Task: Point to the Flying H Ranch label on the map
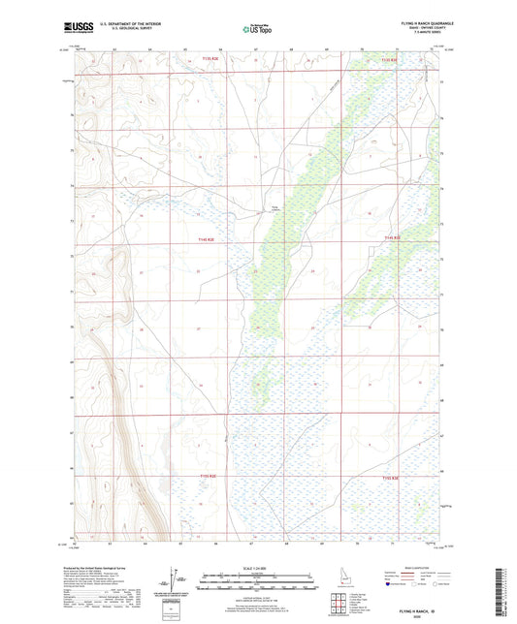point(275,206)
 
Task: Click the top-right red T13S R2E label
point(390,60)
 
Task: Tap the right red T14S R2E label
point(392,236)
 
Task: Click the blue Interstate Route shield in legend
point(393,584)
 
